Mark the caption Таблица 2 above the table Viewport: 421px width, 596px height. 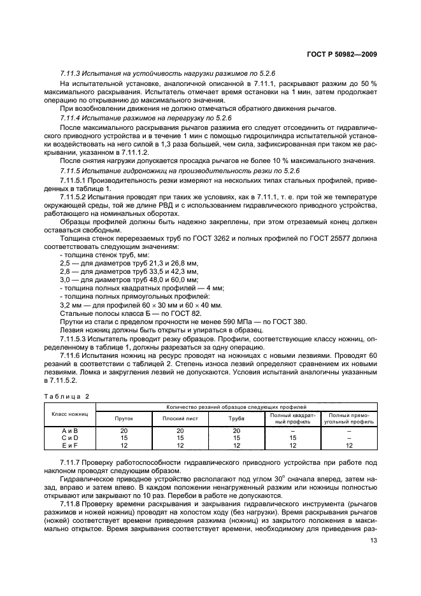pos(67,395)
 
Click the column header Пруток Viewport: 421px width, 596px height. pos(123,418)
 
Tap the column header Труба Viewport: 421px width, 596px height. pos(236,418)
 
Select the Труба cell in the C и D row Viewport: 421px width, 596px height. pos(236,438)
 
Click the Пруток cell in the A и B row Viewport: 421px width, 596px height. pos(123,431)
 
